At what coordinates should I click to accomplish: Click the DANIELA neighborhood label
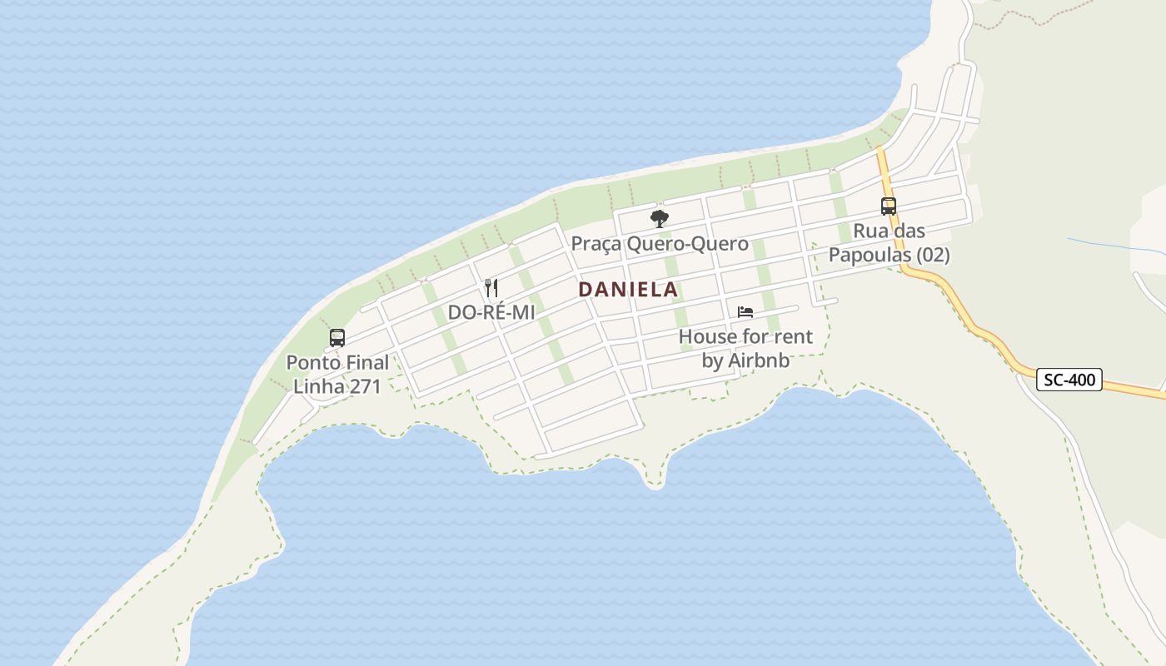pos(628,290)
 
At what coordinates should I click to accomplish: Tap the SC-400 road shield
pos(1070,380)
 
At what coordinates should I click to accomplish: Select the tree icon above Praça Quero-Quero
pos(660,219)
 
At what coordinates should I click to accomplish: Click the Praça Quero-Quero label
pos(660,245)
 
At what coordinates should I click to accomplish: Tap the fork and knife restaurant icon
pos(491,288)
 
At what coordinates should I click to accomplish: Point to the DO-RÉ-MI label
pos(491,312)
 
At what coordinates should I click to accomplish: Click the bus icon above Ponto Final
pos(337,338)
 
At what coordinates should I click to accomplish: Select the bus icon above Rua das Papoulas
pos(889,206)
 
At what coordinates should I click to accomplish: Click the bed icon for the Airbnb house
pos(745,312)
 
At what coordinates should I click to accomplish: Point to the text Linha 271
pos(337,386)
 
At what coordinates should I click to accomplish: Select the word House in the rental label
pos(708,336)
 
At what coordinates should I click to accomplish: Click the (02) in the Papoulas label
pos(933,255)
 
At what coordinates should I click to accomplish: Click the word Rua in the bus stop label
pos(870,231)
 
